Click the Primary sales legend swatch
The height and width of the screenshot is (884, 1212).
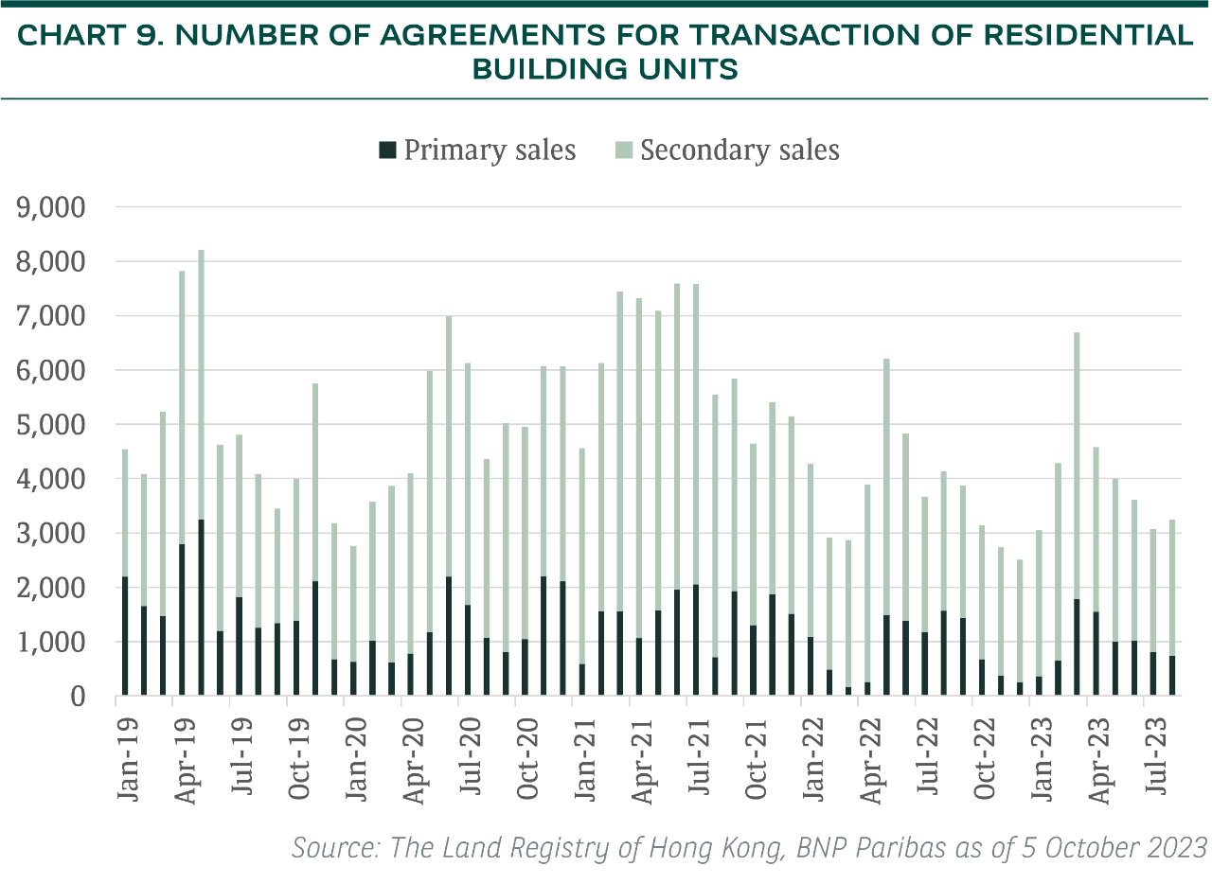click(x=386, y=150)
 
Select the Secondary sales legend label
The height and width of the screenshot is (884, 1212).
click(x=739, y=150)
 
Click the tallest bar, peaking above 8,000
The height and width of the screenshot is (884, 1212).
click(x=201, y=473)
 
